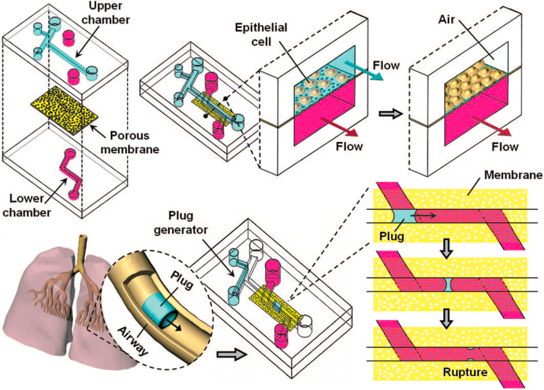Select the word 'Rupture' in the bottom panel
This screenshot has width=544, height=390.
pos(465,372)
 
